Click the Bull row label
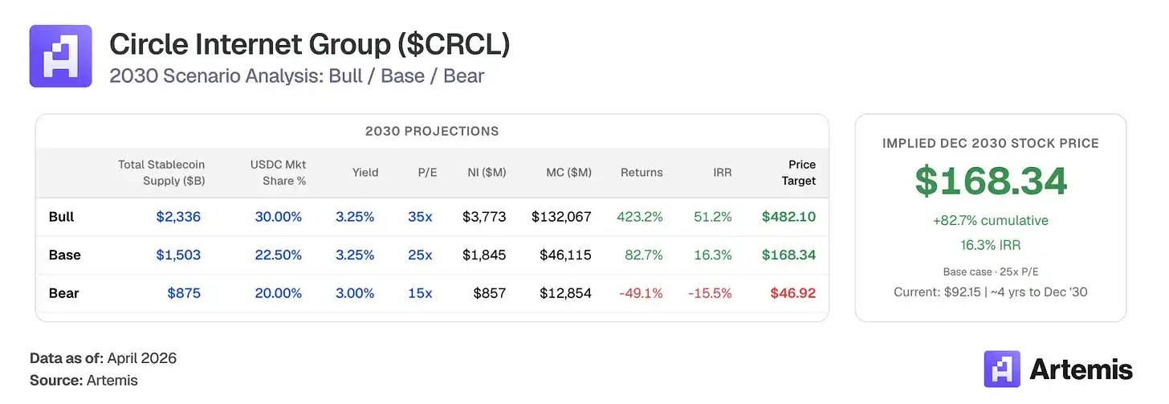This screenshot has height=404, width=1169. [x=61, y=217]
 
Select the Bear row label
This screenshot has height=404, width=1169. [x=63, y=293]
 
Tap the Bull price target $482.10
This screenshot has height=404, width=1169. [x=788, y=217]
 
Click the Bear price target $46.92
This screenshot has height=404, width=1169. [x=792, y=293]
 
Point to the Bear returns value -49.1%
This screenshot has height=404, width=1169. [x=641, y=293]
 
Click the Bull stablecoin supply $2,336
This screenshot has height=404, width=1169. [x=178, y=217]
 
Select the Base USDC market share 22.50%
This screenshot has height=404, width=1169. [x=278, y=255]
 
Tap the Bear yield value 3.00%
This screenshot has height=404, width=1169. [x=355, y=293]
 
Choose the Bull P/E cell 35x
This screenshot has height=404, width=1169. [x=420, y=217]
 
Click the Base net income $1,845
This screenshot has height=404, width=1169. [x=484, y=255]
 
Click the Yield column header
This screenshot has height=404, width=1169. [x=365, y=172]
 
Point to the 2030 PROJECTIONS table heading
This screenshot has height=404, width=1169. [x=432, y=131]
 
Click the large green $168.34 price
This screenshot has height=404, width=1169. [x=991, y=181]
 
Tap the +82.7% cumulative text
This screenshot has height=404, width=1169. [x=991, y=220]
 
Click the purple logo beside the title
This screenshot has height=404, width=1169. [x=61, y=56]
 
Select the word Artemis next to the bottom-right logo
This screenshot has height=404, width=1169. [x=1081, y=369]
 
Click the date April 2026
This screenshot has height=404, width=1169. [x=141, y=358]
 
